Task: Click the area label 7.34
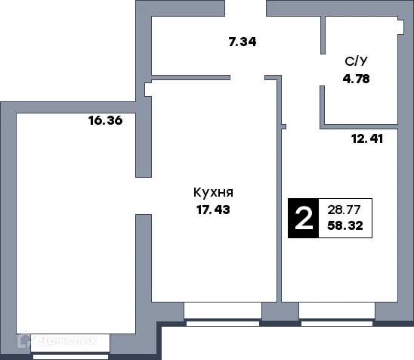[x=243, y=42]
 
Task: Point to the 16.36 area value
[x=105, y=119]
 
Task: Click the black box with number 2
[x=304, y=218]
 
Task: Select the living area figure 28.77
[x=345, y=209]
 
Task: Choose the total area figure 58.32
[x=345, y=225]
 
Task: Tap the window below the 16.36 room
[x=76, y=344]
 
